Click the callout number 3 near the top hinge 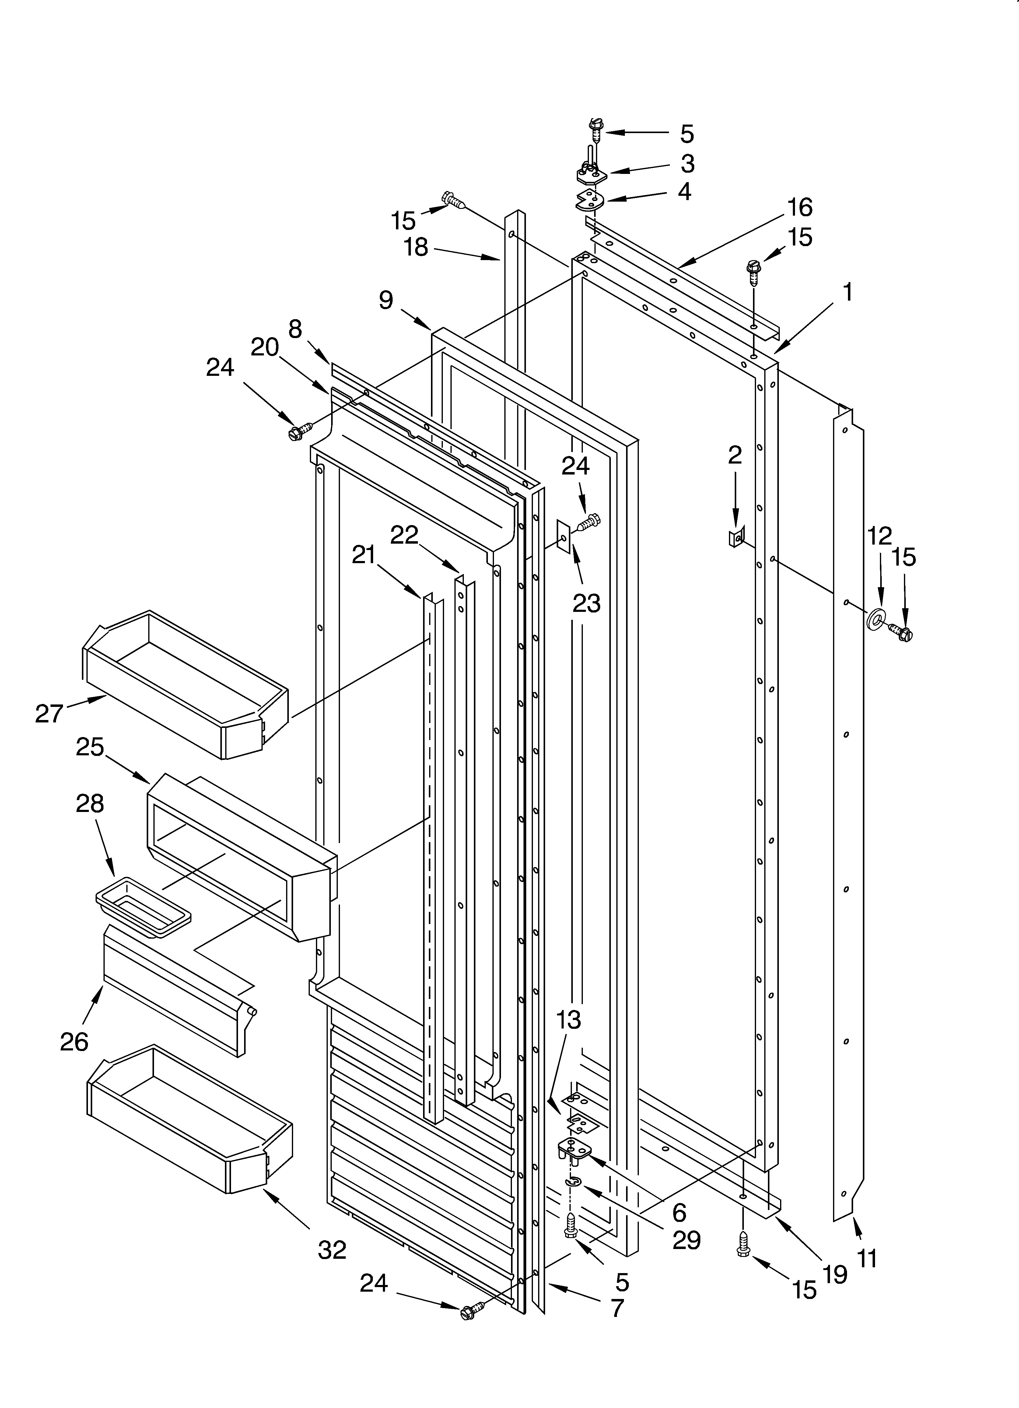687,164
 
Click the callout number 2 735,456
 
